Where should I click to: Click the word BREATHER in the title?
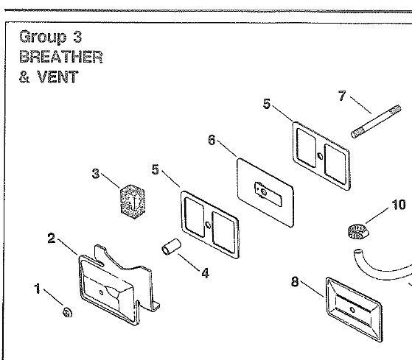(x=60, y=57)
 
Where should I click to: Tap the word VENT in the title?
(x=57, y=77)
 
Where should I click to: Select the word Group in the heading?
(x=43, y=37)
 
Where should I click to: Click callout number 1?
(x=38, y=289)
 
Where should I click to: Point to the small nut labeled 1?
(x=67, y=312)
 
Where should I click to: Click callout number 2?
(x=52, y=239)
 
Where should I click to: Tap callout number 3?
(x=96, y=174)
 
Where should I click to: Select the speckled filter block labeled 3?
(x=133, y=201)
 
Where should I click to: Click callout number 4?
(x=205, y=273)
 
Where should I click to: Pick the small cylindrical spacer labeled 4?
(x=171, y=247)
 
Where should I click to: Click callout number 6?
(x=212, y=140)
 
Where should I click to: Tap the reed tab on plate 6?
(x=268, y=194)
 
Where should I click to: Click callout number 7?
(x=342, y=96)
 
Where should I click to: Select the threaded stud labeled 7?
(x=376, y=121)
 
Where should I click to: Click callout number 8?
(x=295, y=282)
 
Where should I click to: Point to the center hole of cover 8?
(x=352, y=310)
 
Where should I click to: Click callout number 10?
(x=399, y=205)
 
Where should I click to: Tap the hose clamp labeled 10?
(x=358, y=232)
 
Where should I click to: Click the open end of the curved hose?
(x=357, y=251)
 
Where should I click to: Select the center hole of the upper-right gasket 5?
(x=320, y=156)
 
